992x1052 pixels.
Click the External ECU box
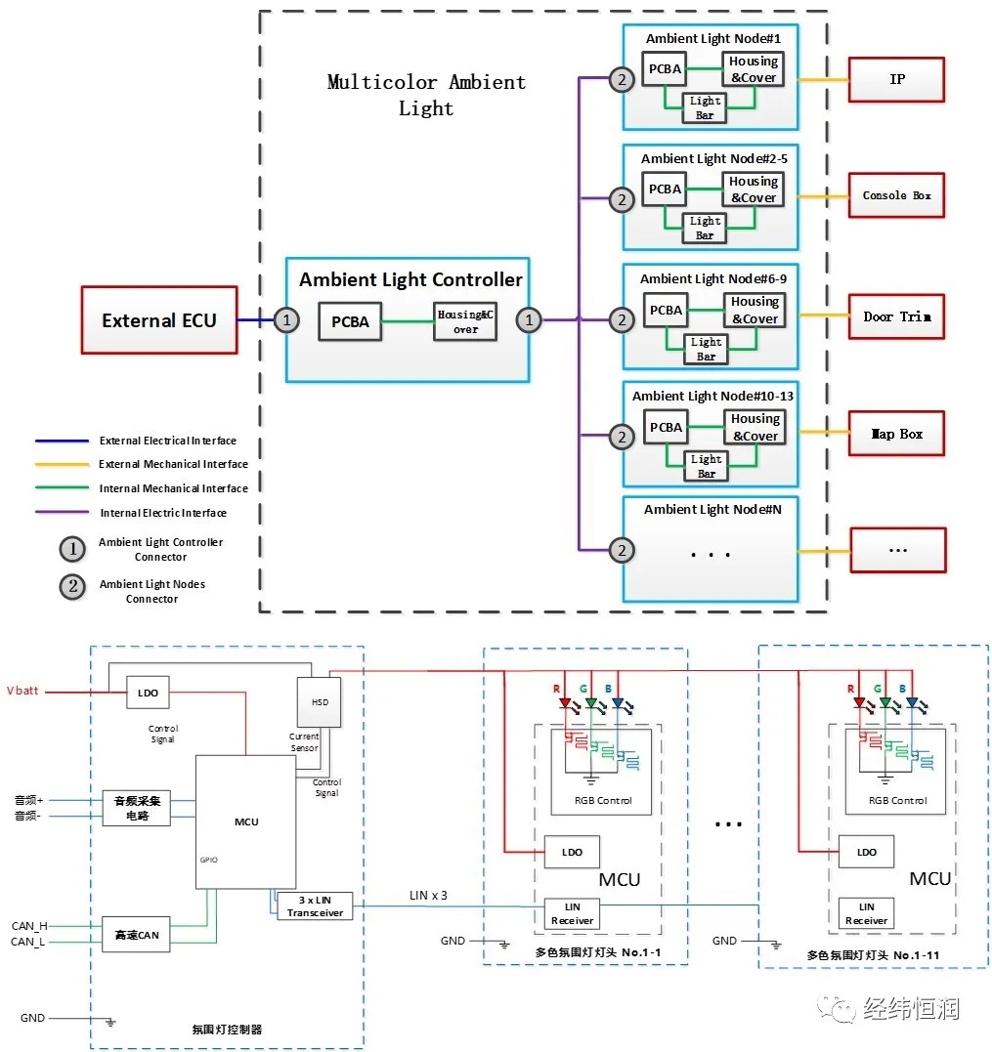(159, 320)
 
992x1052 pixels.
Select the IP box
(896, 80)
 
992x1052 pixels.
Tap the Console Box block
(896, 195)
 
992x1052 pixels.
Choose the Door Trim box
(896, 316)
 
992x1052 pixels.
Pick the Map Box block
(896, 434)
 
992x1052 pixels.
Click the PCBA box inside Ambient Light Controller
(350, 322)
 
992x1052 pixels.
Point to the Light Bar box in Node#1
(705, 108)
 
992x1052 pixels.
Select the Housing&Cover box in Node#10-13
(755, 427)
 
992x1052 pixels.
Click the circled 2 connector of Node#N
(623, 551)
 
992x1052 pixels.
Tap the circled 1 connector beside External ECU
(286, 320)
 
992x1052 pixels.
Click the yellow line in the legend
(62, 464)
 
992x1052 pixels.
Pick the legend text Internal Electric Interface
(163, 513)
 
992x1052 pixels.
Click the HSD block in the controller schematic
(320, 701)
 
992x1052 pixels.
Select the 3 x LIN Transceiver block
(315, 906)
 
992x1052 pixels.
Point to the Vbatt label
(22, 691)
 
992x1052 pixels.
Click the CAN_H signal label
(29, 926)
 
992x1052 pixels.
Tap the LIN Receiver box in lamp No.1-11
(867, 914)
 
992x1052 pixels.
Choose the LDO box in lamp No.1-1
(572, 852)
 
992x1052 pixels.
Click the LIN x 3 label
(428, 896)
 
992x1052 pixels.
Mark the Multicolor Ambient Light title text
(426, 96)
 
